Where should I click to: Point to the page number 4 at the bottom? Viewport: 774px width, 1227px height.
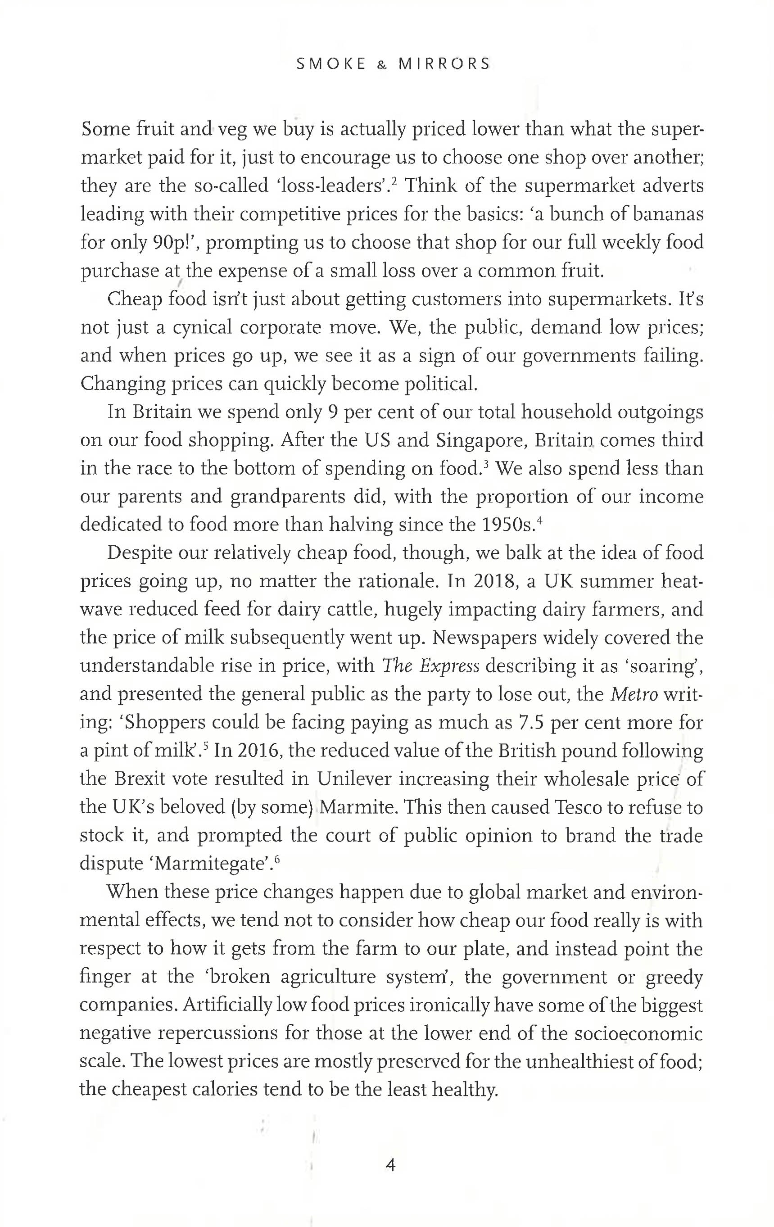click(x=391, y=1165)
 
